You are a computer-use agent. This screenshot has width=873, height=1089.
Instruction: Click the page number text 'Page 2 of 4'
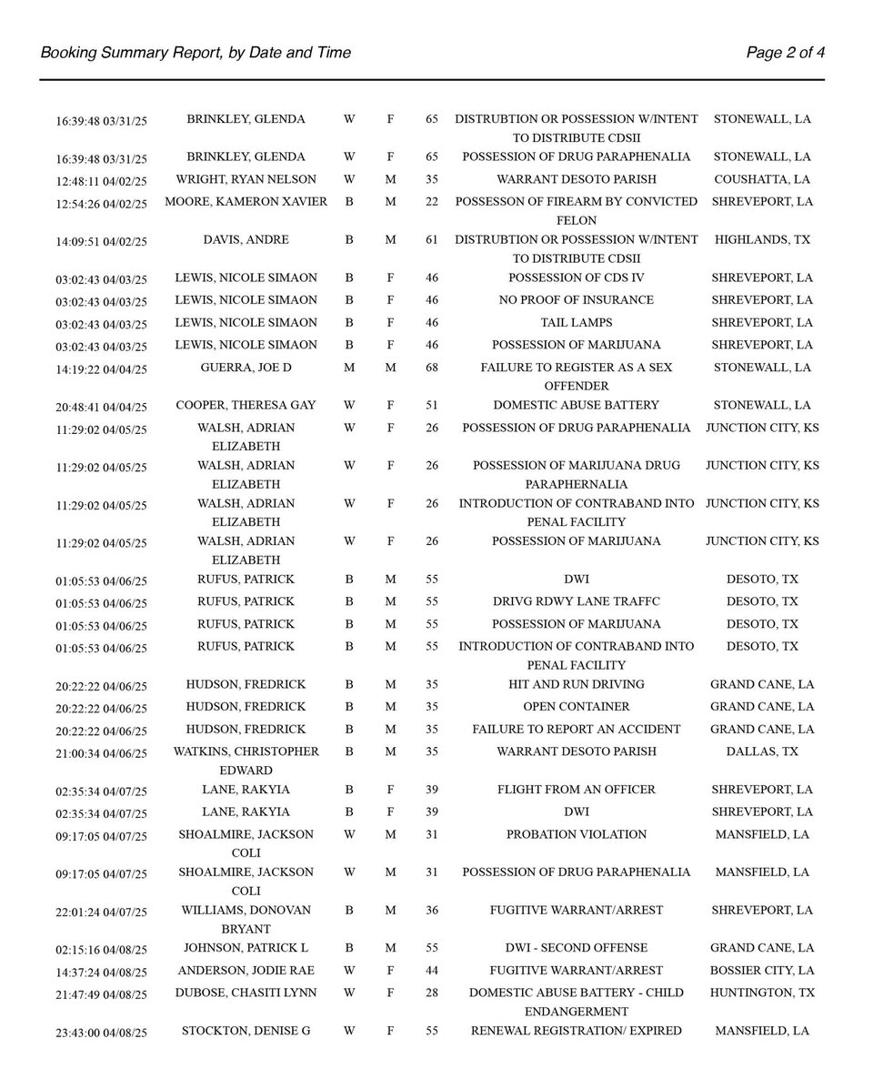click(786, 53)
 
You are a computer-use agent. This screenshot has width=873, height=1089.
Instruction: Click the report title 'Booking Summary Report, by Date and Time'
click(196, 53)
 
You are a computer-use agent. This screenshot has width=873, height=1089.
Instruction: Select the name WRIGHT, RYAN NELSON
click(246, 179)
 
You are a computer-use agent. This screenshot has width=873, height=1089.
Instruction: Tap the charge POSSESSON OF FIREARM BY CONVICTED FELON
click(576, 210)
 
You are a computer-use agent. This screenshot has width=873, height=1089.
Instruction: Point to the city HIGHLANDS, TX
click(762, 239)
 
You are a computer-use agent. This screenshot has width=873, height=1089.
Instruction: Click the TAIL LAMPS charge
click(576, 322)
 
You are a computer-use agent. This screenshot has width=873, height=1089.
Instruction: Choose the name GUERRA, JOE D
click(246, 368)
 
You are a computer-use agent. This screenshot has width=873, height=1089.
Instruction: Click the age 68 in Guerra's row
click(431, 368)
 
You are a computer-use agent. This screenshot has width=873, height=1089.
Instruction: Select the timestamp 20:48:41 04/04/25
click(101, 407)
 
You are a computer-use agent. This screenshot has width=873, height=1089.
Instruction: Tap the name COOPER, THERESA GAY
click(246, 405)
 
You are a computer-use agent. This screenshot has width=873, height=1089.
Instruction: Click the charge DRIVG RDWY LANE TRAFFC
click(576, 601)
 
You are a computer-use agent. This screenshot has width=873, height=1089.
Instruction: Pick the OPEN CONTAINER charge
click(576, 706)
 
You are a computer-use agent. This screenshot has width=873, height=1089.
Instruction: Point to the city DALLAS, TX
click(762, 751)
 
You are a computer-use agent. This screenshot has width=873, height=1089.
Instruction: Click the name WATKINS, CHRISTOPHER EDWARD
click(246, 761)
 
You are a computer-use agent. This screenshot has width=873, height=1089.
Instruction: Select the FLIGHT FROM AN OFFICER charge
click(576, 789)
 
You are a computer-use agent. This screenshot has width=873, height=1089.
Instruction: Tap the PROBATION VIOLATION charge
click(576, 834)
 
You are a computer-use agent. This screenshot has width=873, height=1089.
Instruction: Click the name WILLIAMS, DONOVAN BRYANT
click(246, 919)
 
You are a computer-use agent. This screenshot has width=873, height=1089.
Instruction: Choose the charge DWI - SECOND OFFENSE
click(576, 947)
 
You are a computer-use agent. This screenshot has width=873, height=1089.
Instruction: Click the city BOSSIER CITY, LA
click(762, 970)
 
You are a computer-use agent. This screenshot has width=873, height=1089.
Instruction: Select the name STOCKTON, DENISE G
click(246, 1031)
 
